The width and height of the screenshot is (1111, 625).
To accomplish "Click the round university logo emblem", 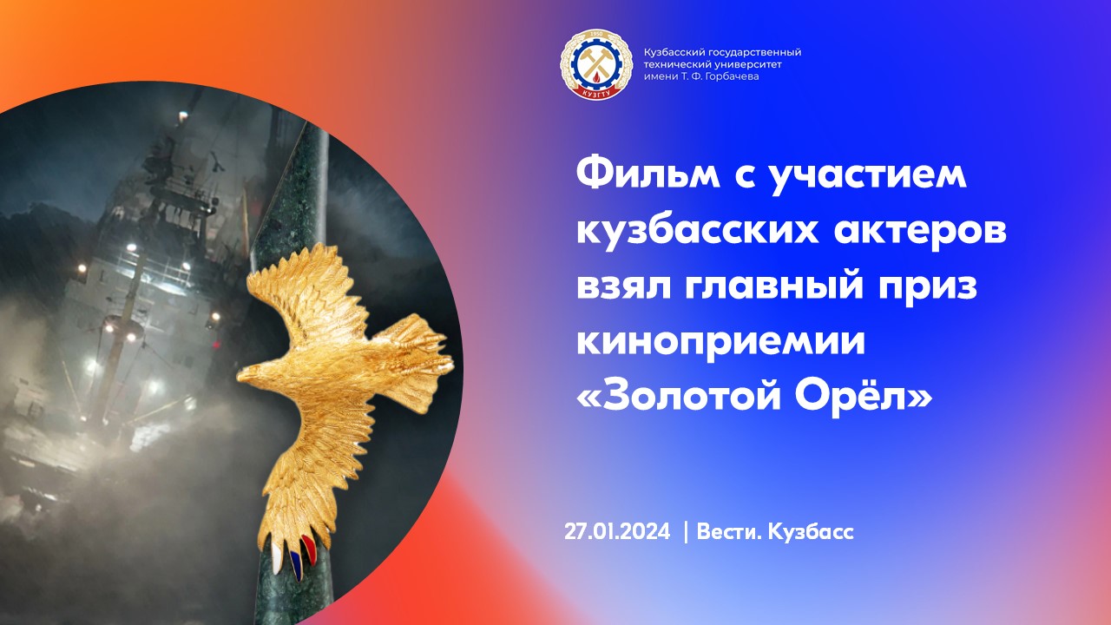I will [x=594, y=64].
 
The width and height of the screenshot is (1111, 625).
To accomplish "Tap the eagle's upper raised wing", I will [x=295, y=286].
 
